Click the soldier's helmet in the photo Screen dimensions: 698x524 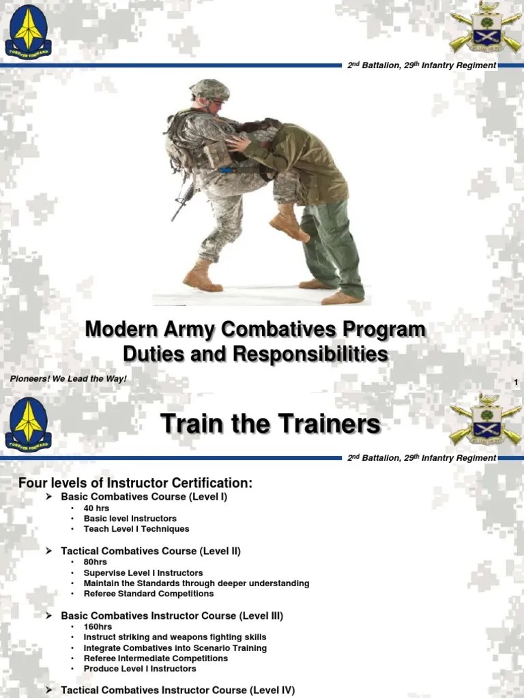pyautogui.click(x=209, y=89)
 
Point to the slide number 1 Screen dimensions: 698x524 pyautogui.click(x=516, y=382)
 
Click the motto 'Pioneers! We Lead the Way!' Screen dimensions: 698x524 pyautogui.click(x=68, y=378)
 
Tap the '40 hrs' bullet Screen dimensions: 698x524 pyautogui.click(x=96, y=509)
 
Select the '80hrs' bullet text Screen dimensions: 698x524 pyautogui.click(x=95, y=562)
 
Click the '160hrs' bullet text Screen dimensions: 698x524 pyautogui.click(x=98, y=626)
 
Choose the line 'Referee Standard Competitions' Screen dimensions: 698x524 pyautogui.click(x=148, y=594)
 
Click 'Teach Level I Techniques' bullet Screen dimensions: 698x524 pyautogui.click(x=136, y=529)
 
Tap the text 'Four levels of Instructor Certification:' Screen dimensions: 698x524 pyautogui.click(x=135, y=483)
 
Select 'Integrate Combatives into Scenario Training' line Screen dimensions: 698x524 pyautogui.click(x=175, y=648)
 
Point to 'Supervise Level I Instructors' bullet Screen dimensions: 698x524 pyautogui.click(x=143, y=573)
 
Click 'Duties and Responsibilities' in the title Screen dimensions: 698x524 pyautogui.click(x=254, y=354)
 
